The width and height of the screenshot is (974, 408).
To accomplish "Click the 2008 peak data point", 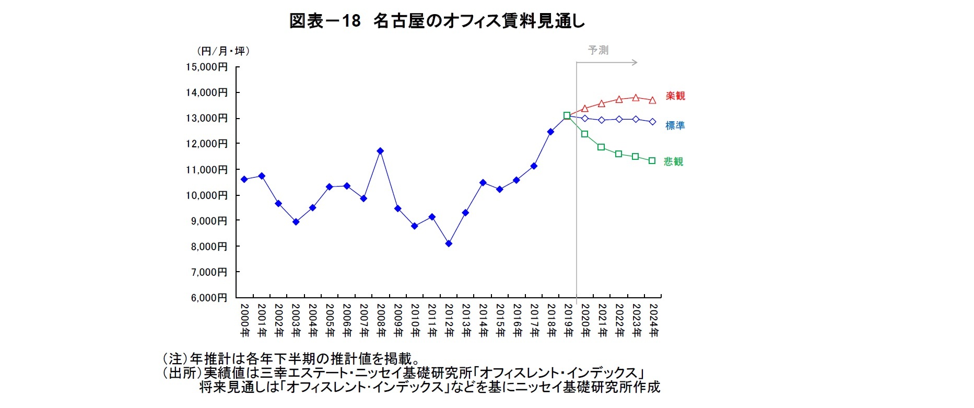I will point(380,151).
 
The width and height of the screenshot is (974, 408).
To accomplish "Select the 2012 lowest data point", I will point(449,243).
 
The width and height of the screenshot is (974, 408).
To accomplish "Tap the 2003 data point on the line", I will point(296,222).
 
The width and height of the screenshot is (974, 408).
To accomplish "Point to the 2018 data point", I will point(550,132).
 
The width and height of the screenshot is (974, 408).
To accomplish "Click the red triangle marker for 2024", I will point(652,100).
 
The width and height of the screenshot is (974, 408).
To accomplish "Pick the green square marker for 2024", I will point(652,161).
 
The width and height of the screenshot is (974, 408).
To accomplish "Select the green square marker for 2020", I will point(585,134).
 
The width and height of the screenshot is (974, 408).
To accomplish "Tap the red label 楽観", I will point(675,96).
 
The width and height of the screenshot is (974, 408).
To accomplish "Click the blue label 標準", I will point(675,125).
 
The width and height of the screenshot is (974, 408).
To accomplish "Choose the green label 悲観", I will point(673,161).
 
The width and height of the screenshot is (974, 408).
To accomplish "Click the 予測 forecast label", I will point(598,50).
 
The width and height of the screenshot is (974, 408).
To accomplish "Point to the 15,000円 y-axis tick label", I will point(207,67).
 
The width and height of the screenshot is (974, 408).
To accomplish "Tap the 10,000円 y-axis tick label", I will point(207,195).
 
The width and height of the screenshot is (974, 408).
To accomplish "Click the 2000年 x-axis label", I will point(244,320).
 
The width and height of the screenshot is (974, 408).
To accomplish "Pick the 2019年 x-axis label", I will point(568,320).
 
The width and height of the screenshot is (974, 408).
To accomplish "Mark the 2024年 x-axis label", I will point(653,320).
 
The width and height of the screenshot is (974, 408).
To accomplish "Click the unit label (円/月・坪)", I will point(223,51).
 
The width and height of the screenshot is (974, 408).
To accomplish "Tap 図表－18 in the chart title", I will point(325,21).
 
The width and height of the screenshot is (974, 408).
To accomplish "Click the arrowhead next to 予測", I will point(635,62).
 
